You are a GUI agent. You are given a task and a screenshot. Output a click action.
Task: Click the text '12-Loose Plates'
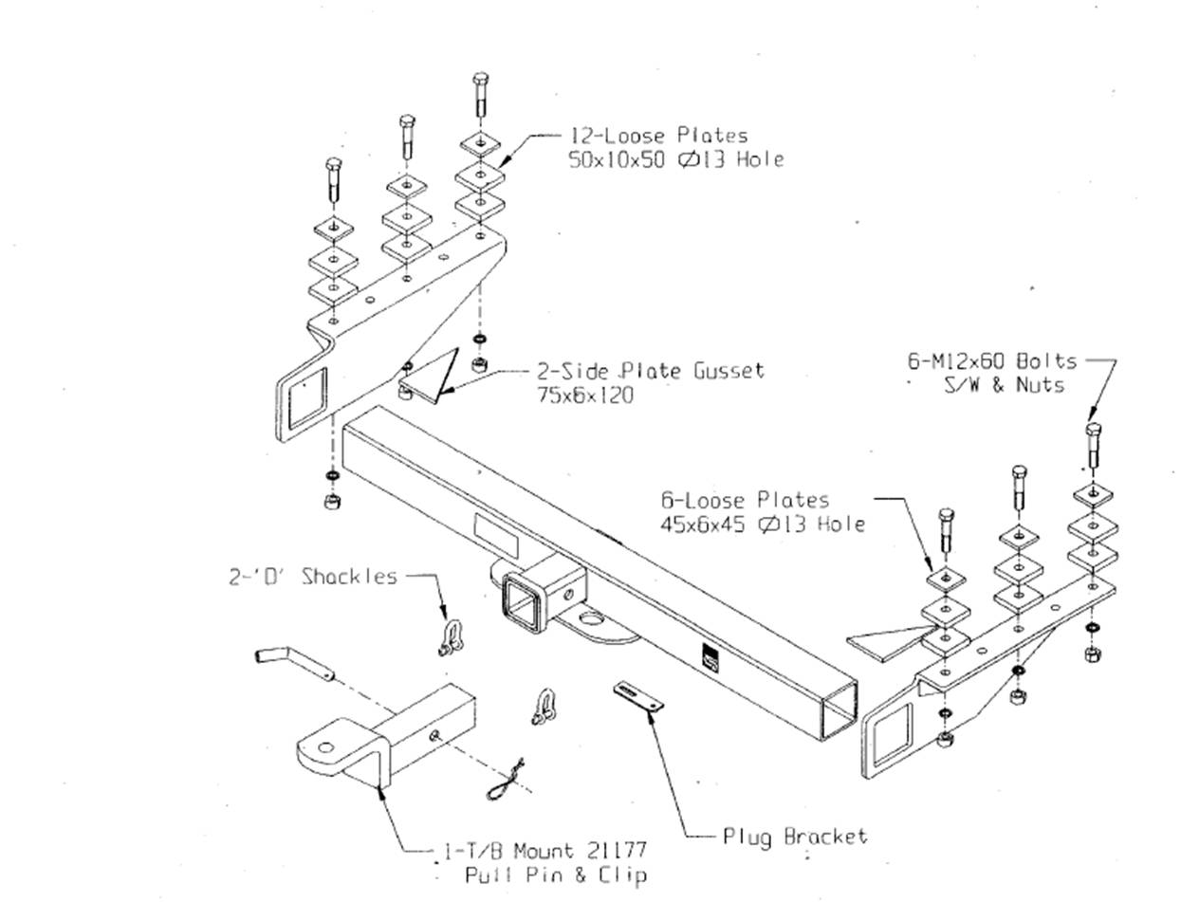(x=658, y=136)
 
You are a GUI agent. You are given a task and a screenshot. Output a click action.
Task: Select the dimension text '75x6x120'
(x=585, y=394)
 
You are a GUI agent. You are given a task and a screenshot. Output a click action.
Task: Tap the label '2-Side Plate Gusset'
(x=651, y=370)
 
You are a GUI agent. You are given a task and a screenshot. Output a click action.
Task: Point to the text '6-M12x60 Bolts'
(x=992, y=361)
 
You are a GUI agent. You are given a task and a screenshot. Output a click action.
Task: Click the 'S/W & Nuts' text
(x=1007, y=385)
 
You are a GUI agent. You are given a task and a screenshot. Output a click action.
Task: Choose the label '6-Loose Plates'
(x=745, y=500)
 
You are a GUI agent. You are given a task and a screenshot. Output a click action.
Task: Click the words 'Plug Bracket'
(x=795, y=837)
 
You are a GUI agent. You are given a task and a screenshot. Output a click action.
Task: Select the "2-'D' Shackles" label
(x=313, y=576)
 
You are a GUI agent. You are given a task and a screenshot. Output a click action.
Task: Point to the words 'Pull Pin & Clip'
(x=555, y=874)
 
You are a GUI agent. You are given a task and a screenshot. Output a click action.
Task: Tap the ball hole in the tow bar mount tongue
(x=325, y=747)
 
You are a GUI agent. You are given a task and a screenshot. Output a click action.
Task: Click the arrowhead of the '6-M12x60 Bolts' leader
(x=1092, y=414)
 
